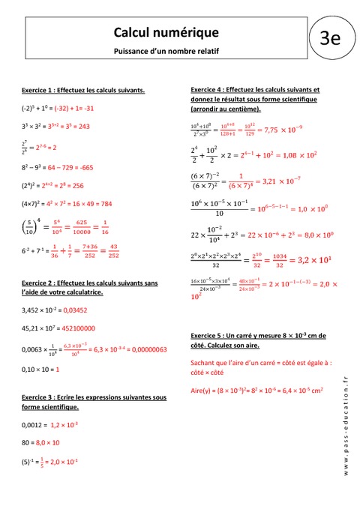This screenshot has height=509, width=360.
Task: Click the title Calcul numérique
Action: point(166,31)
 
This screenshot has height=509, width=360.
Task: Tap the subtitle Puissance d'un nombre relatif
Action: point(166,51)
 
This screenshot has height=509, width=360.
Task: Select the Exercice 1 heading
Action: point(83,90)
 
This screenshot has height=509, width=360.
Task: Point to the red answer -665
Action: point(82,166)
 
